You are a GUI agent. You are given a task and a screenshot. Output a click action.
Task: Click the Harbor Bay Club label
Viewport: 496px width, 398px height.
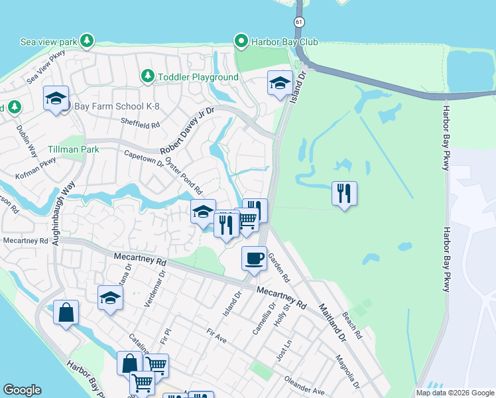tap(276, 42)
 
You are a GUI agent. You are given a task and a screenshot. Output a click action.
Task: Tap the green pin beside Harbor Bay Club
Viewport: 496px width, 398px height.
tap(241, 42)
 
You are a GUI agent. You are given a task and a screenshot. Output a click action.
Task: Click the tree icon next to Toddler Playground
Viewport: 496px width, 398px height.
tap(147, 77)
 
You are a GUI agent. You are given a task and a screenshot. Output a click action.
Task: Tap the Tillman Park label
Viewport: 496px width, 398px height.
tap(73, 149)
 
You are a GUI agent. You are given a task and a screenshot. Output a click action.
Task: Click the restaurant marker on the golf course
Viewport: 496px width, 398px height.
tap(343, 194)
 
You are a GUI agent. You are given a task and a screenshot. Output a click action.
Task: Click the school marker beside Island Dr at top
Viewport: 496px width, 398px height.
tap(280, 84)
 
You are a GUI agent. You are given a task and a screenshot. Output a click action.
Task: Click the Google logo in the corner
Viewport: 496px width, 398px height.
tap(22, 390)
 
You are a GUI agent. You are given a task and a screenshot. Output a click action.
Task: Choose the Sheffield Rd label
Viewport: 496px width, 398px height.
tap(141, 123)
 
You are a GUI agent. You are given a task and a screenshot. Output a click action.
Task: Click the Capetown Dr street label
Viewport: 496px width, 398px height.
tap(143, 158)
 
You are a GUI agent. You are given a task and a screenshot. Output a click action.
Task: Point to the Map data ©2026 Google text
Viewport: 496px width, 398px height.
tap(454, 393)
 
